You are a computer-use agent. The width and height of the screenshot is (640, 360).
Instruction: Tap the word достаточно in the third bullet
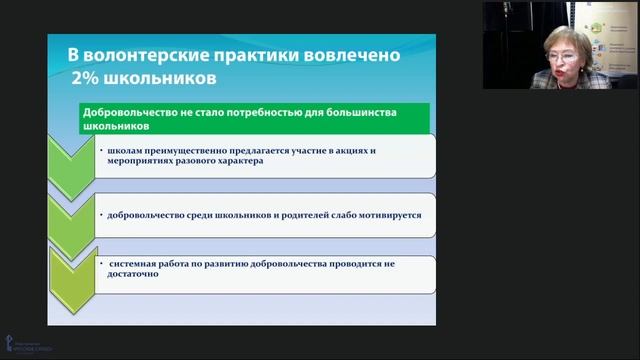tap(132, 275)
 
